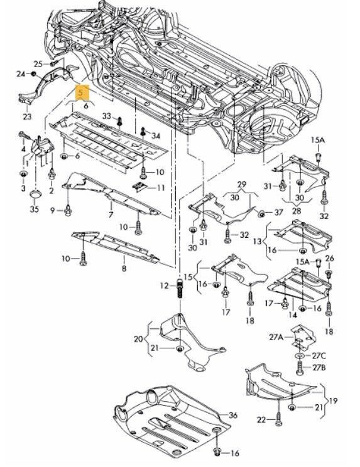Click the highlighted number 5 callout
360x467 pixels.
coord(82,92)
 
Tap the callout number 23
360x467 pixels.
coord(27,116)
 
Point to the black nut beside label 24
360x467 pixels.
coord(34,73)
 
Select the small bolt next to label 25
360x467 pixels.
coord(54,63)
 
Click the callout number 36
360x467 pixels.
coord(233,415)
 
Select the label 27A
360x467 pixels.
coord(276,337)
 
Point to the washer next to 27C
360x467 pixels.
coord(300,356)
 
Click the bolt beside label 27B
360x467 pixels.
coord(300,368)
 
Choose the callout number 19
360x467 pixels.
coord(333,400)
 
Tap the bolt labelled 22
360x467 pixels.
coord(278,420)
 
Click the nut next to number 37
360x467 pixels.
coord(261,213)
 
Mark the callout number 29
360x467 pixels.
coord(242,185)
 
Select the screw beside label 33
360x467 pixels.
coord(119,121)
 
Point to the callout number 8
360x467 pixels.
coord(124,268)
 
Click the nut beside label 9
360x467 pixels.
coord(68,211)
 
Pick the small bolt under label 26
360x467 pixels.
coord(329,274)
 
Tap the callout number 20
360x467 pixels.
coord(138,339)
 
